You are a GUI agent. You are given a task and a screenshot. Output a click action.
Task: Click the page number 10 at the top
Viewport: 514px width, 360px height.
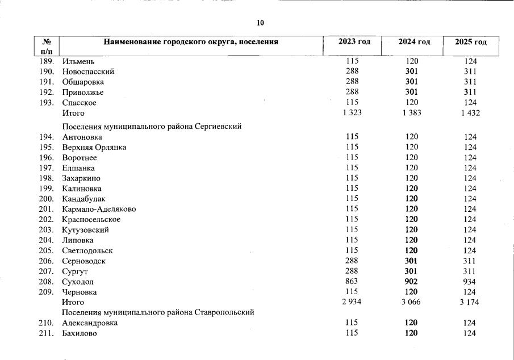tap(260, 23)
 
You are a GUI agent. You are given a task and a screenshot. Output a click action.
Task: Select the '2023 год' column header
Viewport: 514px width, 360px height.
tap(354, 42)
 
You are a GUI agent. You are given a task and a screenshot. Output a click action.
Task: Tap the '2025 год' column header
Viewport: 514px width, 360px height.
tap(471, 43)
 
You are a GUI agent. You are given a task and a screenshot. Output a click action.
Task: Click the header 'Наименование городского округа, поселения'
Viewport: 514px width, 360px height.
tap(190, 42)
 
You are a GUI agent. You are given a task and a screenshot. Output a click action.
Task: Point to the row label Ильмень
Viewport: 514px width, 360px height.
tap(78, 61)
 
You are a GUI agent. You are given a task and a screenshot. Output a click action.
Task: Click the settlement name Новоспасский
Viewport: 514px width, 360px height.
tap(88, 72)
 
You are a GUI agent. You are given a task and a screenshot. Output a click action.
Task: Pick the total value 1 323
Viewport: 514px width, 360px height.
tap(352, 113)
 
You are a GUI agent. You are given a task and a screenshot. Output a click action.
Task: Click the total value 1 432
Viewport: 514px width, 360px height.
tap(470, 113)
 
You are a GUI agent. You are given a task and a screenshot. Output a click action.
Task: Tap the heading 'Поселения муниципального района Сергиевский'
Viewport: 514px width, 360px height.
tap(152, 126)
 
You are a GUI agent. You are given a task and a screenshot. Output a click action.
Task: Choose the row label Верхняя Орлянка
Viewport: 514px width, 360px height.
tap(94, 147)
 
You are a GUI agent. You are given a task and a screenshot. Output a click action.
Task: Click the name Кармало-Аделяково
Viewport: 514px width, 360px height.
tap(99, 209)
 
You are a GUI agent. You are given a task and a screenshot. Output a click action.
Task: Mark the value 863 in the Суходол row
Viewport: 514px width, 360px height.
tap(352, 281)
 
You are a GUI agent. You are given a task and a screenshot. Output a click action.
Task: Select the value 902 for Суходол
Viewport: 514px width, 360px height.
tap(411, 281)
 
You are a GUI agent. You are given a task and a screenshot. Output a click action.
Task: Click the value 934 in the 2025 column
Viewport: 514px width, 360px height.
tap(470, 281)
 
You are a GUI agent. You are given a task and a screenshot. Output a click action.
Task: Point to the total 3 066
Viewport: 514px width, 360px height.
tap(410, 302)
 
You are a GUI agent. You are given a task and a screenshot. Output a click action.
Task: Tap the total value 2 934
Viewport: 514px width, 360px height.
tap(352, 302)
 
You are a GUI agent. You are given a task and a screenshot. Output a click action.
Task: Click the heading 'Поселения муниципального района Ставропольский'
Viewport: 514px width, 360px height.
tap(157, 312)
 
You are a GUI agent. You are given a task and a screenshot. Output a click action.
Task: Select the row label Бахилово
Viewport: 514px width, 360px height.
tap(79, 333)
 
